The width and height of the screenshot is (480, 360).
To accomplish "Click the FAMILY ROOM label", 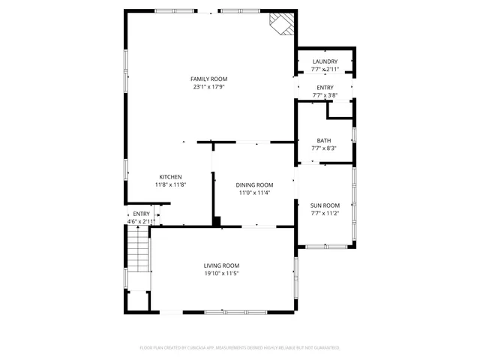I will pyautogui.click(x=208, y=79).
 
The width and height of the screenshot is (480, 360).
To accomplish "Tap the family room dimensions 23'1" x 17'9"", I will pyautogui.click(x=208, y=86).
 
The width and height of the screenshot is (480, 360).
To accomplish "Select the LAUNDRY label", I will pyautogui.click(x=325, y=61).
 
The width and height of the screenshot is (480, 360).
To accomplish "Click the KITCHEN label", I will pyautogui.click(x=170, y=177).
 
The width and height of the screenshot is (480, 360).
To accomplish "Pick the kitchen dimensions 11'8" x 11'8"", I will pyautogui.click(x=170, y=184).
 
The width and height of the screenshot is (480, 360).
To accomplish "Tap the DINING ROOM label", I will pyautogui.click(x=254, y=184).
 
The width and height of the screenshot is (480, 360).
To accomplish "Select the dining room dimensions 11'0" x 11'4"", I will pyautogui.click(x=254, y=193).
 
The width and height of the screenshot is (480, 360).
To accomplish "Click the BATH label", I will pyautogui.click(x=324, y=140).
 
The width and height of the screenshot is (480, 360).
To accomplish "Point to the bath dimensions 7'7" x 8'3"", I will pyautogui.click(x=324, y=148).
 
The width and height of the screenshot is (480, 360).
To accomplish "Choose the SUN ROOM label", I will pyautogui.click(x=325, y=205).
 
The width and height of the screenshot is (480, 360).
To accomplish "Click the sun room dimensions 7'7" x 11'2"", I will pyautogui.click(x=325, y=213).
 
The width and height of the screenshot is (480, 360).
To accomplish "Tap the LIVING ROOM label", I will pyautogui.click(x=221, y=265).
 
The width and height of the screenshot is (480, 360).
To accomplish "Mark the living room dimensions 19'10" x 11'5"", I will pyautogui.click(x=221, y=274).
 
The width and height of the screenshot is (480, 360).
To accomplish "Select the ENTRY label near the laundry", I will pyautogui.click(x=325, y=88).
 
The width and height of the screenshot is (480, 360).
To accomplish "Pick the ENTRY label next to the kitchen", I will pyautogui.click(x=141, y=214).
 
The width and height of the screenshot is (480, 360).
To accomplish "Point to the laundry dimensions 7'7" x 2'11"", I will pyautogui.click(x=325, y=69).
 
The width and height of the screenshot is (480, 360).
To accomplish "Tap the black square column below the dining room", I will pyautogui.click(x=217, y=221).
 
